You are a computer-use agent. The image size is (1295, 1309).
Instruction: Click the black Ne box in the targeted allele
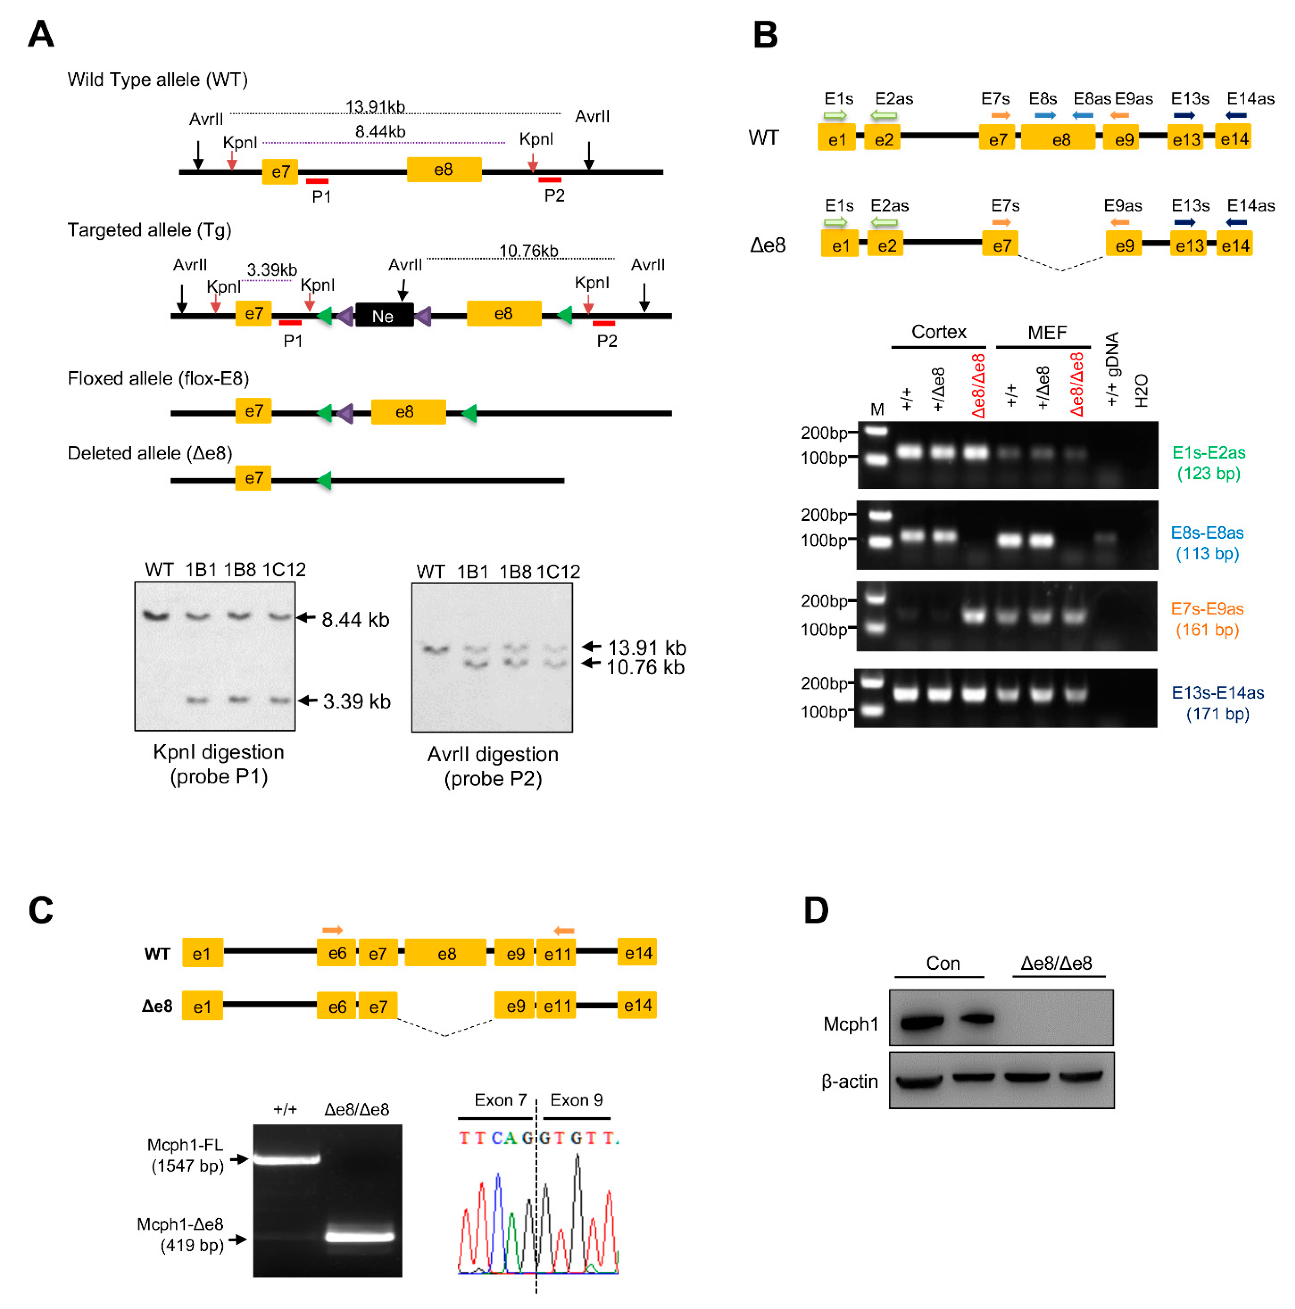point(383,315)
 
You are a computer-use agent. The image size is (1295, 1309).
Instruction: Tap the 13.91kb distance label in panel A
point(375,106)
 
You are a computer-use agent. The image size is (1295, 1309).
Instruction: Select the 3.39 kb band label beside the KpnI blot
point(356,701)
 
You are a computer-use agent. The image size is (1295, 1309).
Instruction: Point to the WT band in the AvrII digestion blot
point(436,649)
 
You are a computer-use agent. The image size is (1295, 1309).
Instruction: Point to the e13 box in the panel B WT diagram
point(1186,139)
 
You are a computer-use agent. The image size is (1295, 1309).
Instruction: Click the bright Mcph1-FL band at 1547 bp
point(286,1159)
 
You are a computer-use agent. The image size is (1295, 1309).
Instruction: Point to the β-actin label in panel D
point(849,1082)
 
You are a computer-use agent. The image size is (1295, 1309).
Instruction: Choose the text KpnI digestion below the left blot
point(218,752)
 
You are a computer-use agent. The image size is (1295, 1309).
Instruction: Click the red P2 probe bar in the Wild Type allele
point(549,180)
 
